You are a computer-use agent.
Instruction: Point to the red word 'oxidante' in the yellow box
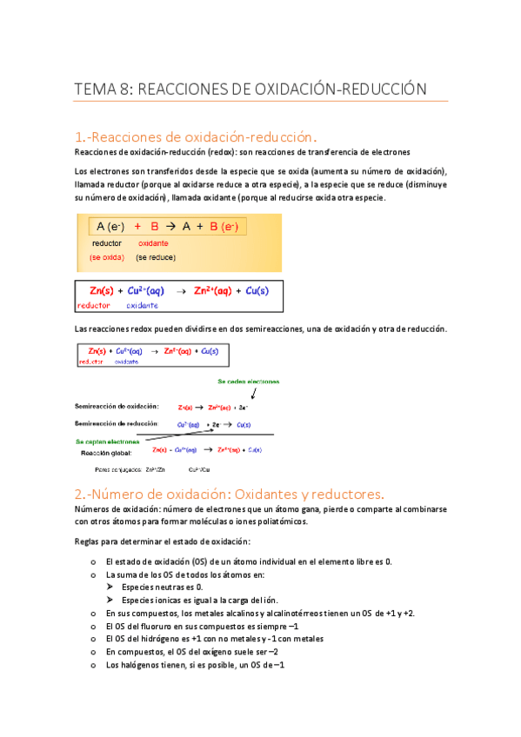point(154,243)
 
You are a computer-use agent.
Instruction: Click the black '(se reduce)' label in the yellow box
point(156,257)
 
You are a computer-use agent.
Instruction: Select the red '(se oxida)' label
point(107,257)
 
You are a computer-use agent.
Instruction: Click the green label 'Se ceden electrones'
point(248,381)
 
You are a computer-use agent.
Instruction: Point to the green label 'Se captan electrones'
point(109,442)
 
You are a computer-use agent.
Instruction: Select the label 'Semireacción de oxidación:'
point(117,406)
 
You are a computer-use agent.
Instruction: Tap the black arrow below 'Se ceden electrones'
point(240,393)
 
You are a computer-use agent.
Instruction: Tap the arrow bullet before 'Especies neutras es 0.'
point(110,588)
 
